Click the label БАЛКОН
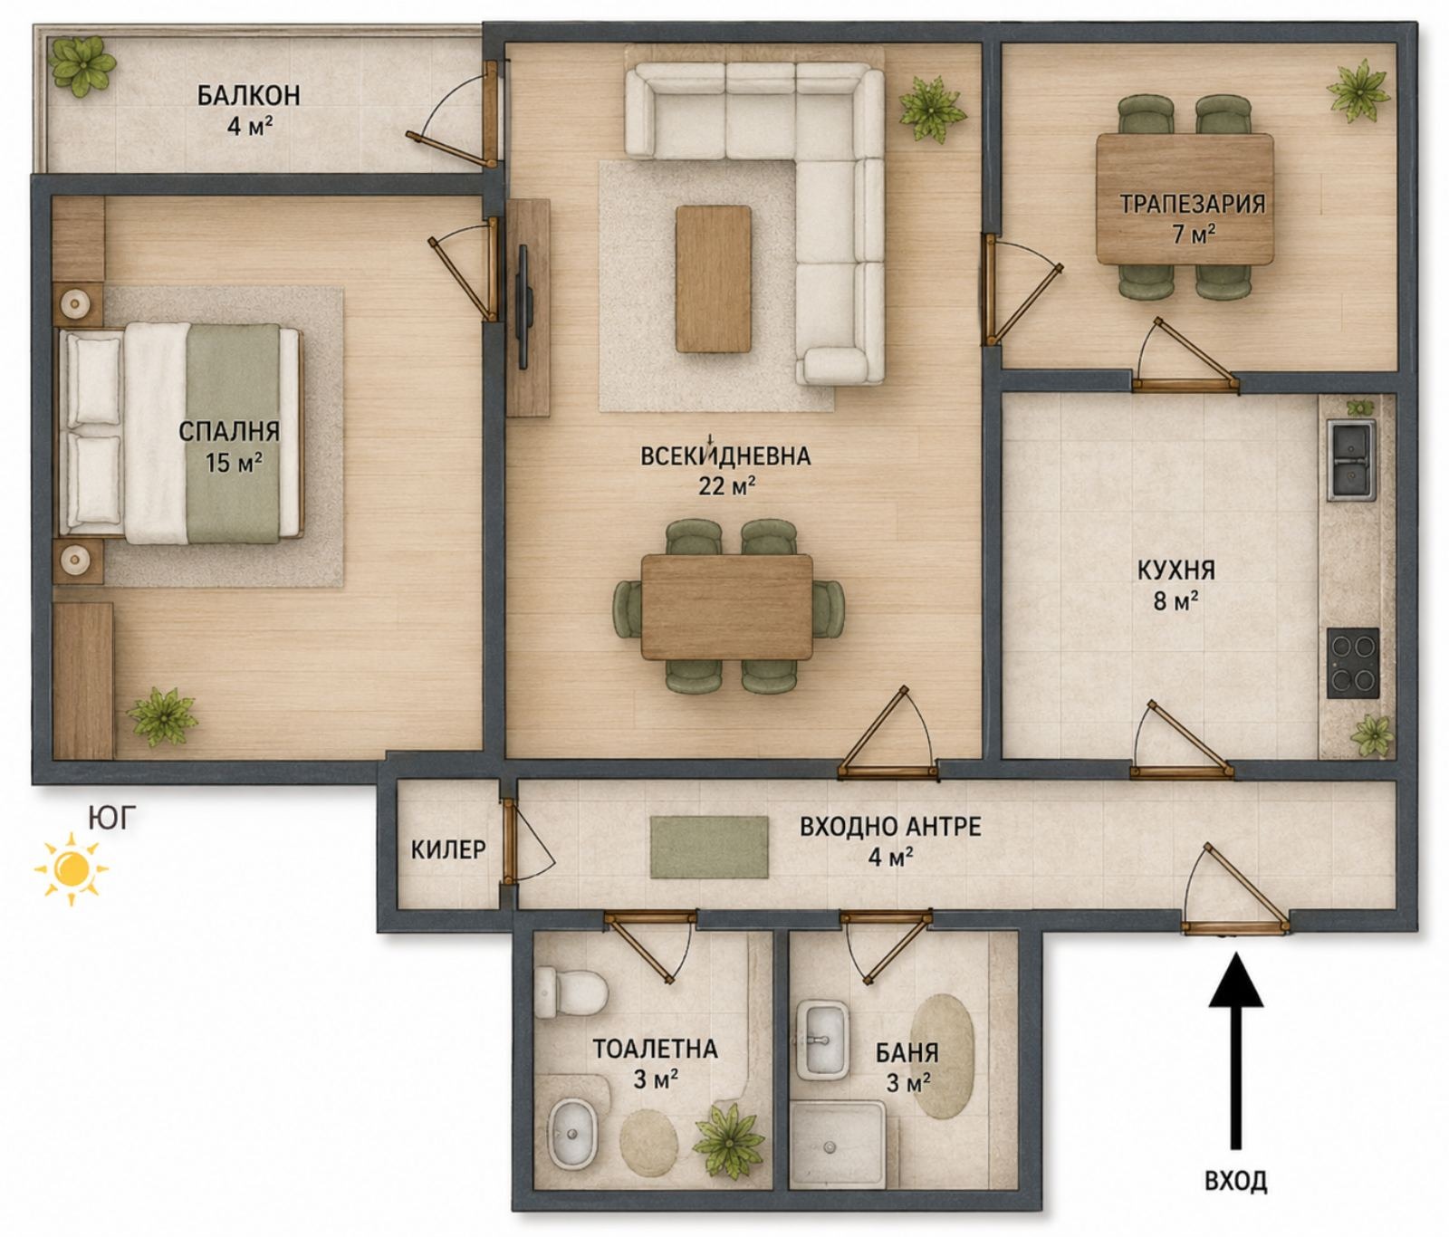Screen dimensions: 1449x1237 click(248, 95)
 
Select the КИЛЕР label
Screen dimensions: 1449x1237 click(448, 849)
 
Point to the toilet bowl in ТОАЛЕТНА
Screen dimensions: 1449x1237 click(571, 992)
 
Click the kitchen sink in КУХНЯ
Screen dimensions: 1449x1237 click(1351, 460)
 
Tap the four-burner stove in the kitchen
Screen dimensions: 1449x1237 click(1353, 663)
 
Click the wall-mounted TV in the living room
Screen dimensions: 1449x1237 click(523, 306)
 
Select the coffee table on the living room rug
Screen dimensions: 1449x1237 click(714, 279)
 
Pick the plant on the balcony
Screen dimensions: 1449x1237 click(82, 65)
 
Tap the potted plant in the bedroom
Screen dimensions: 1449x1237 click(162, 717)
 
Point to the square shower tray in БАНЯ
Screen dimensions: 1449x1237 click(837, 1144)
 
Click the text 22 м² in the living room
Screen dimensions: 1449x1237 click(726, 486)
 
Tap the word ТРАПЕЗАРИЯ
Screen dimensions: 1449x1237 click(1193, 204)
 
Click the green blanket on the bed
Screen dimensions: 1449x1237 click(233, 434)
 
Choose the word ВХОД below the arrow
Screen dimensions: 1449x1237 click(1235, 1180)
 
